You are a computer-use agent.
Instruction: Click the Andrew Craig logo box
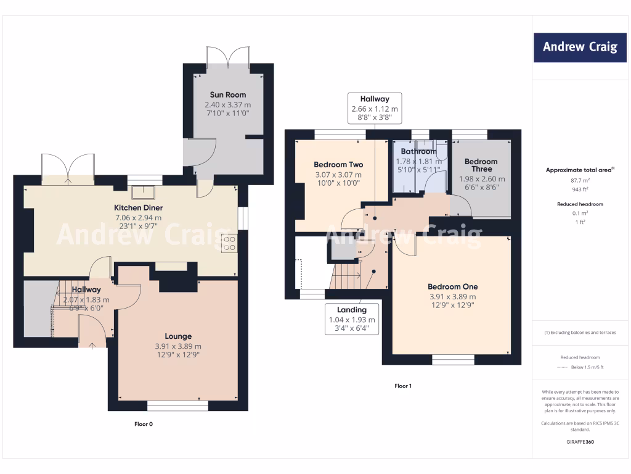[579, 47]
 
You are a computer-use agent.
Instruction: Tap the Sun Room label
[227, 95]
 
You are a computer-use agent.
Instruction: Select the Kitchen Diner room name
[138, 208]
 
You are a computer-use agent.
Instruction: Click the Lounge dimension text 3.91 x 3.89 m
[177, 346]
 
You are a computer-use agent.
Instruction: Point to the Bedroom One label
[452, 287]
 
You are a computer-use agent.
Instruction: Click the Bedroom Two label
[338, 165]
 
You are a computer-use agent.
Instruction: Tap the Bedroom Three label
[481, 165]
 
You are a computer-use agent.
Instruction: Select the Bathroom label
[418, 151]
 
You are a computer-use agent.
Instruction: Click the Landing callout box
[351, 319]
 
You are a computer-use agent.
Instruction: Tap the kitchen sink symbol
[146, 190]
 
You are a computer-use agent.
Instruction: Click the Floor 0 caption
[143, 424]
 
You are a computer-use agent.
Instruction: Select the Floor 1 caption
[402, 386]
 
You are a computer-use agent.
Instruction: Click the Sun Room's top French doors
[228, 57]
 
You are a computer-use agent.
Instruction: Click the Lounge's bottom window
[177, 406]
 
